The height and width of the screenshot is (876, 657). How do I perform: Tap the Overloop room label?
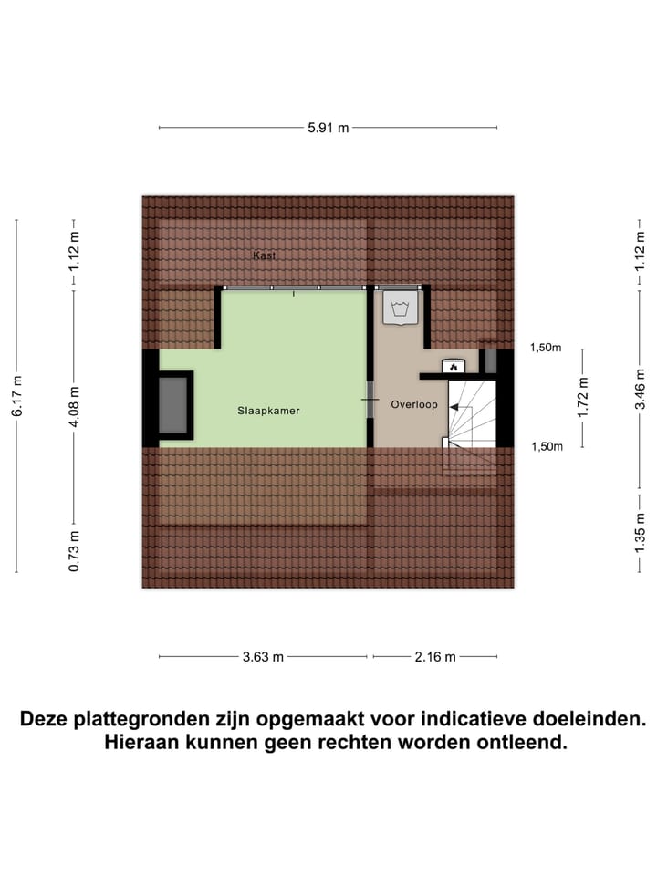click(414, 404)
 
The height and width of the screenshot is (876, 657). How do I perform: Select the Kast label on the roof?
click(264, 256)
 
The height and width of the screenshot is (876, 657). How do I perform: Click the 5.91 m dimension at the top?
click(328, 129)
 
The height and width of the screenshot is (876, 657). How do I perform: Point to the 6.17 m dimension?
click(16, 397)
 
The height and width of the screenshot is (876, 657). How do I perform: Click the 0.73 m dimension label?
click(74, 551)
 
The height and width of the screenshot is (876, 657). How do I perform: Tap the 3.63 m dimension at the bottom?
click(264, 657)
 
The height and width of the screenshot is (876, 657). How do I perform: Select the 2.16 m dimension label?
click(435, 657)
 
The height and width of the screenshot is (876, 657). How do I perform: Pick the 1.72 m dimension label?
click(584, 396)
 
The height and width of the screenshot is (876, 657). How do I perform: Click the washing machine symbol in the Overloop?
click(399, 307)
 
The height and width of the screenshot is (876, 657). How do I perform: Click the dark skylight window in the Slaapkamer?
click(173, 405)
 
